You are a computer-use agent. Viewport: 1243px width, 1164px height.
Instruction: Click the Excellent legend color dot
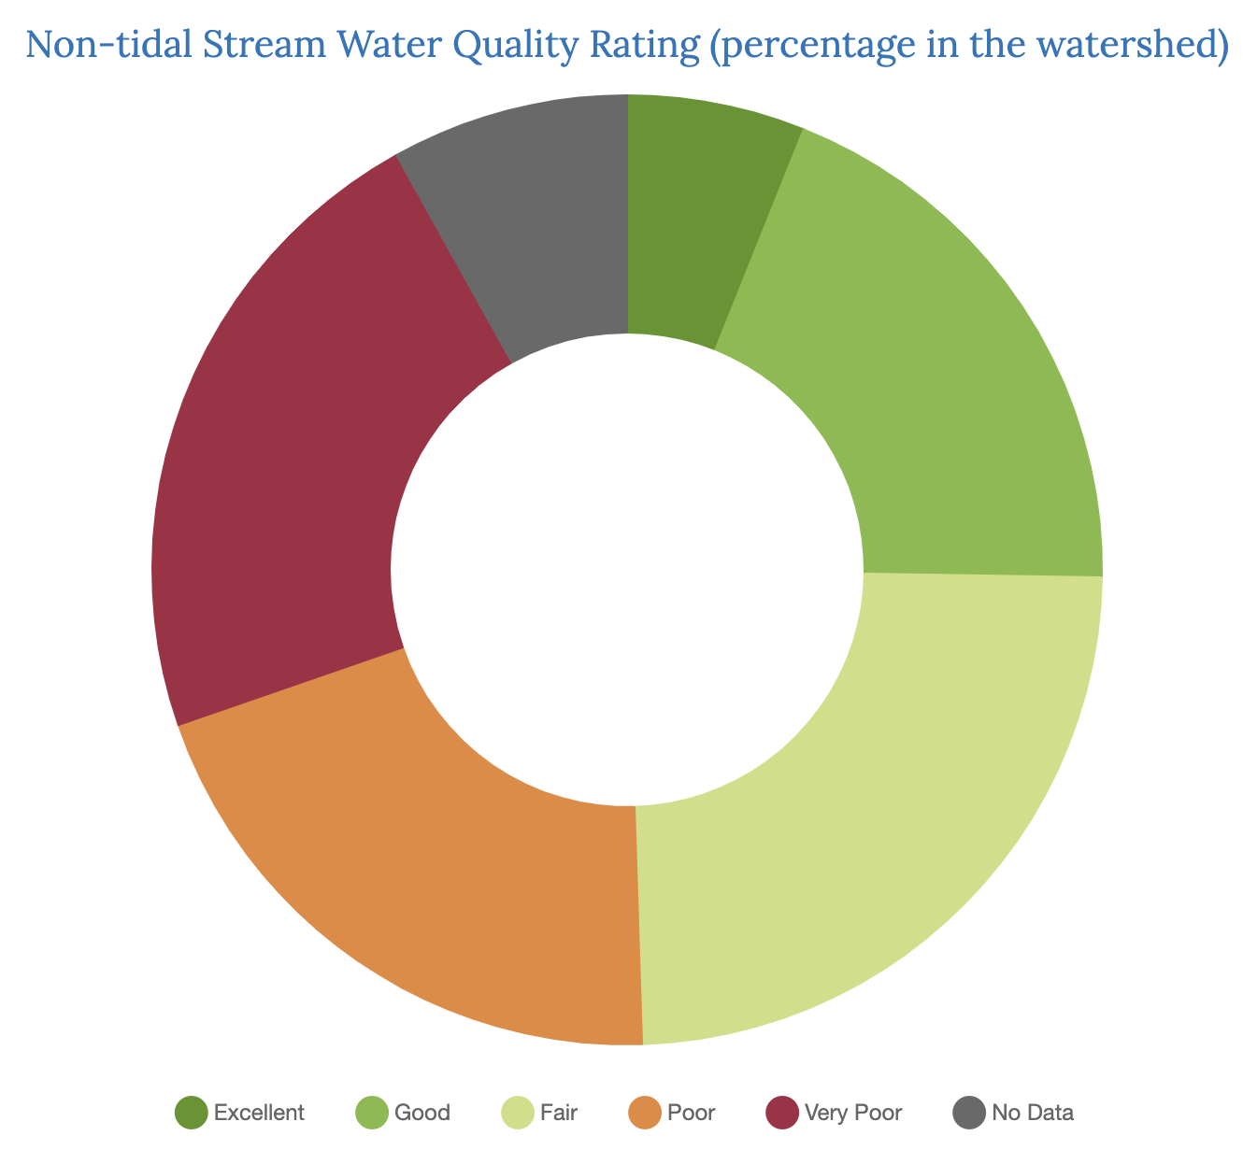coord(191,1113)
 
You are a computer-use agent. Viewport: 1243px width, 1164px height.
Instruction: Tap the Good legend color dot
coord(372,1113)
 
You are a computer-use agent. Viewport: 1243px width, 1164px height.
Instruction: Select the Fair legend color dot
coord(518,1113)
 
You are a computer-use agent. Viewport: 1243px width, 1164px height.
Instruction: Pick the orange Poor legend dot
coord(646,1113)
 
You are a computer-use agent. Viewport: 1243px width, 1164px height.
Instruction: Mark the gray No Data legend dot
coord(969,1113)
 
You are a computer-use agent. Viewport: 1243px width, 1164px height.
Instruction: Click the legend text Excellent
coord(259,1113)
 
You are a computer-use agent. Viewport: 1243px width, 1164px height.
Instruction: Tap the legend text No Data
coord(1033,1113)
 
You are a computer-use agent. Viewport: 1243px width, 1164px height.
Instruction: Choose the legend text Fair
coord(559,1113)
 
